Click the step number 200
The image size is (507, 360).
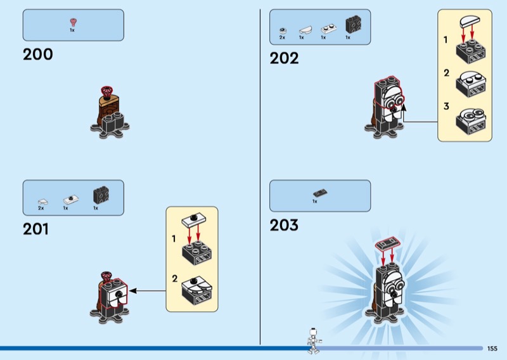tap(38, 55)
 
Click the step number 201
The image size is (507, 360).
tap(35, 229)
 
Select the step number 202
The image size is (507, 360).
tap(284, 58)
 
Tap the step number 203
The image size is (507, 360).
tap(284, 225)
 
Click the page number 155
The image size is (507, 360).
tap(492, 349)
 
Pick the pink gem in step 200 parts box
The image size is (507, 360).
tap(72, 22)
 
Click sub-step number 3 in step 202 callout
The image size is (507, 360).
tap(446, 106)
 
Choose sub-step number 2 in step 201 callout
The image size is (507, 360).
tap(174, 278)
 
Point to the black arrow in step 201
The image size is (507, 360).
tap(146, 291)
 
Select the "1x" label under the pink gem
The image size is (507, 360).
tap(72, 30)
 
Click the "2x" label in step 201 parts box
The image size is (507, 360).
tap(41, 208)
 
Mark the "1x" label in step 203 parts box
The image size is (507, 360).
tap(314, 201)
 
